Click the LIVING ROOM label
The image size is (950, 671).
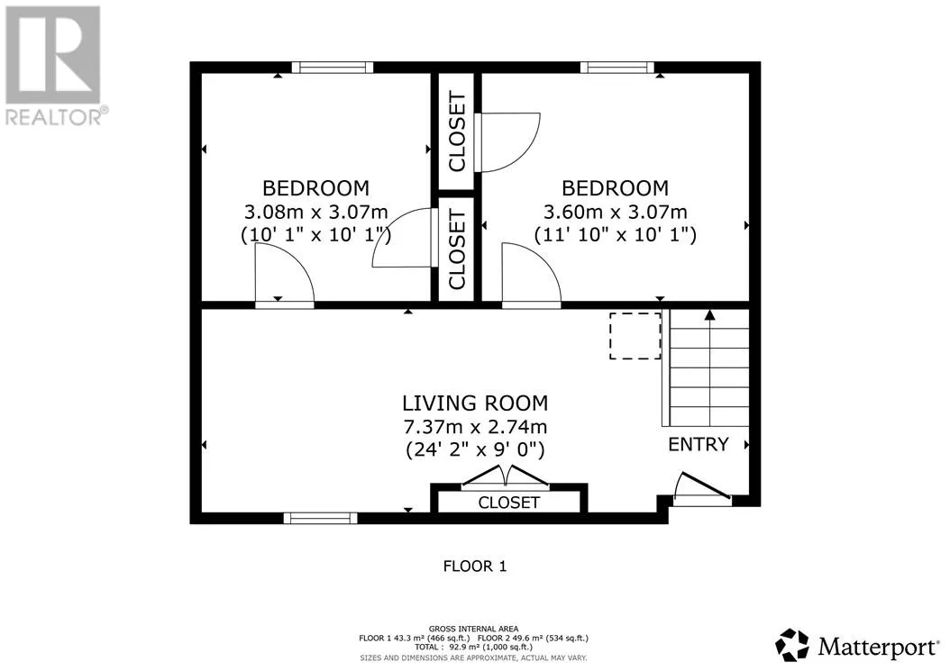pyautogui.click(x=475, y=403)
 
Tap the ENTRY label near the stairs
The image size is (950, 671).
pyautogui.click(x=698, y=445)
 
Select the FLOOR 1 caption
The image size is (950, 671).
pyautogui.click(x=474, y=567)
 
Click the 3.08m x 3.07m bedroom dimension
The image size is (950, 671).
pyautogui.click(x=315, y=212)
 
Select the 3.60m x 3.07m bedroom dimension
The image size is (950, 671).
pyautogui.click(x=615, y=212)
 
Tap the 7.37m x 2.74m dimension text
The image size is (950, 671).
pyautogui.click(x=475, y=427)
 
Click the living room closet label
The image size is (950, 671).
pyautogui.click(x=508, y=503)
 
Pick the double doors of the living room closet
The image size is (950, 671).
pyautogui.click(x=506, y=476)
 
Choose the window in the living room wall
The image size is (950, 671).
pyautogui.click(x=320, y=518)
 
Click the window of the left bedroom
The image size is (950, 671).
pyautogui.click(x=332, y=68)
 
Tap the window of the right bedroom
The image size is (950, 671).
pyautogui.click(x=617, y=68)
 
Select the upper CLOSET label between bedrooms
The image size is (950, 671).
pyautogui.click(x=457, y=131)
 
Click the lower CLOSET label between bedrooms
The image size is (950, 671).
pyautogui.click(x=457, y=249)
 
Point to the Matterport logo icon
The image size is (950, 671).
pyautogui.click(x=792, y=645)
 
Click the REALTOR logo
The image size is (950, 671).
pyautogui.click(x=54, y=66)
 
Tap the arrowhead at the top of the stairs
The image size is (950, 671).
pyautogui.click(x=709, y=314)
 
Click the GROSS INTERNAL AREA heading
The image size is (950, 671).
pyautogui.click(x=473, y=630)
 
